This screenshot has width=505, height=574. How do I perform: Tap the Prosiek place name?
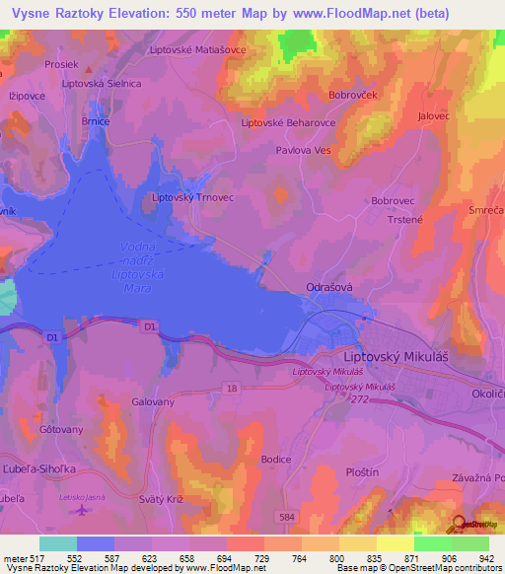60,64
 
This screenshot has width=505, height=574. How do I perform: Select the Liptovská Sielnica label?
102,85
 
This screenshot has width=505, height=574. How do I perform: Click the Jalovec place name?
435,115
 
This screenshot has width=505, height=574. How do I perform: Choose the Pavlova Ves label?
303,151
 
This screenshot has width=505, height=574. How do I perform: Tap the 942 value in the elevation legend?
484,558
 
